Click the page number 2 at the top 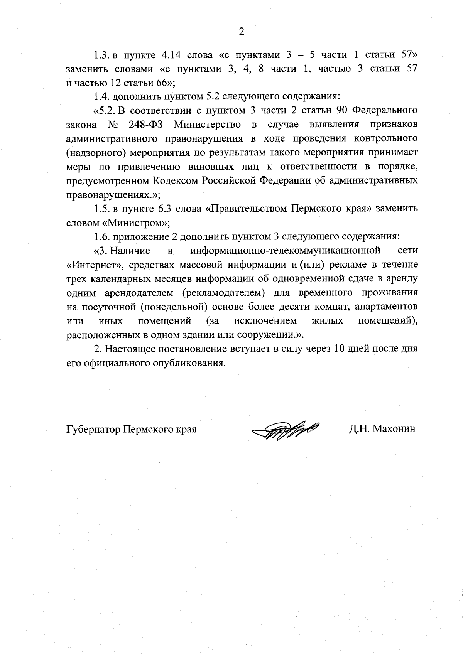[x=241, y=32]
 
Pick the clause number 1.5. [x=103, y=209]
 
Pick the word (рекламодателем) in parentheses [x=223, y=293]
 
